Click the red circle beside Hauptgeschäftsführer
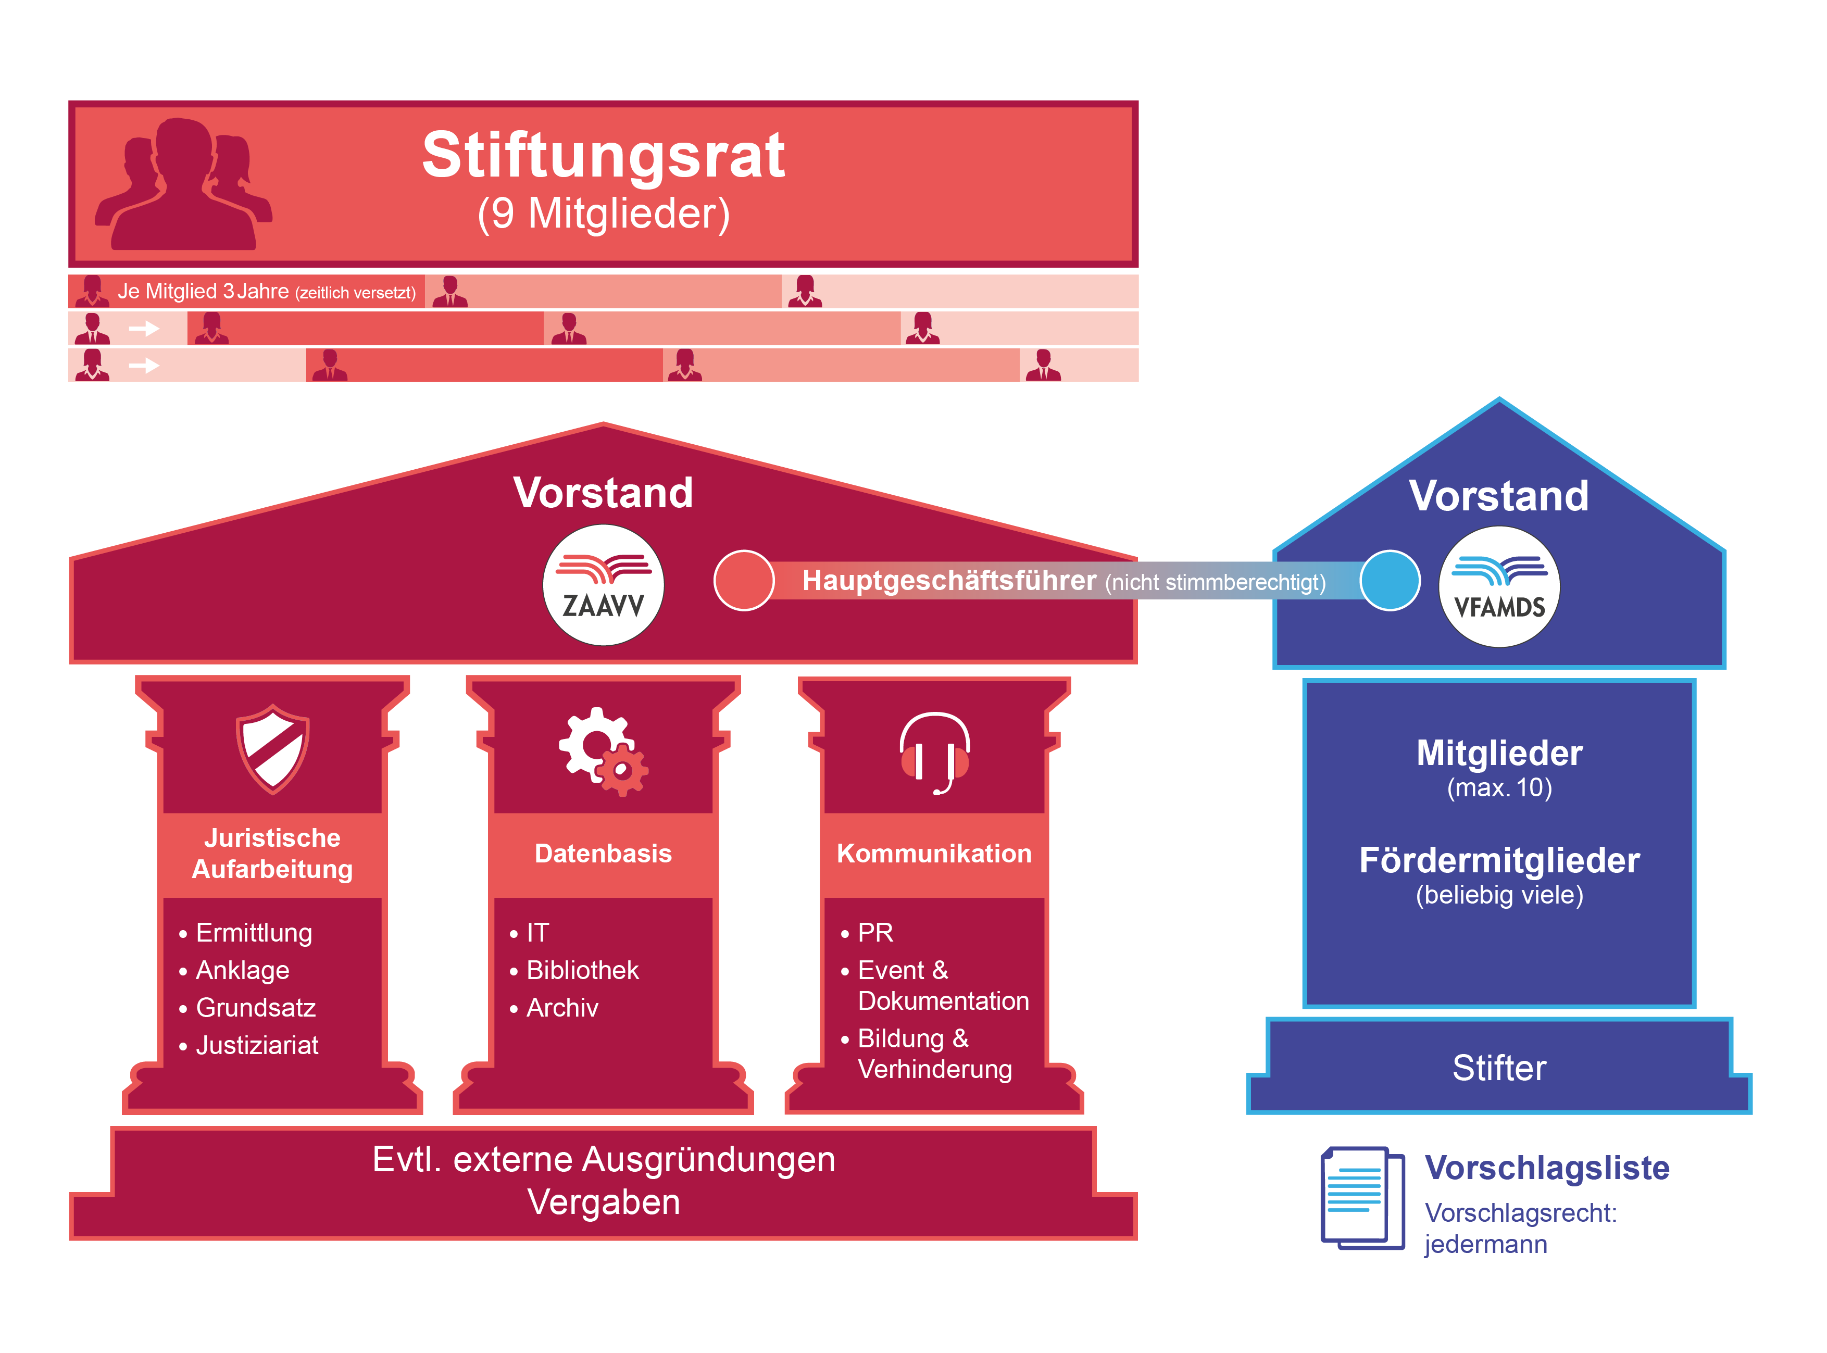click(x=744, y=581)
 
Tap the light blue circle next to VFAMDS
click(x=1389, y=581)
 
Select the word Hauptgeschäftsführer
click(x=948, y=581)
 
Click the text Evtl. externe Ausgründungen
click(x=604, y=1160)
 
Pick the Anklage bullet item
click(x=242, y=971)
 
